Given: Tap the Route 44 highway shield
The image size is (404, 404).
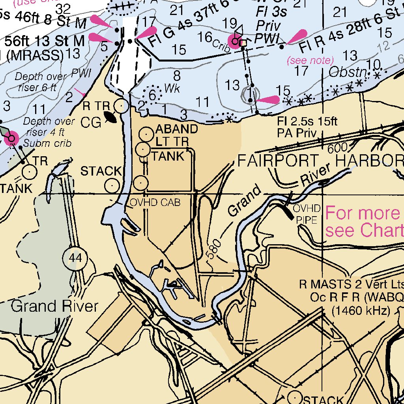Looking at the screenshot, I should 75,258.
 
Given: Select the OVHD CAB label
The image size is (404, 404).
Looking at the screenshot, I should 155,203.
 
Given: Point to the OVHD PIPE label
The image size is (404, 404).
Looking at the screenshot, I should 306,214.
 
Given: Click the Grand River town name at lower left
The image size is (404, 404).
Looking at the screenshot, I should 54,306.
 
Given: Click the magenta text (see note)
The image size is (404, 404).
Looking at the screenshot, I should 310,60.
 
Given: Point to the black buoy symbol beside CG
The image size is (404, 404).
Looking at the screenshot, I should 110,117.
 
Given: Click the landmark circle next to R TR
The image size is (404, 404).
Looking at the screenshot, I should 121,106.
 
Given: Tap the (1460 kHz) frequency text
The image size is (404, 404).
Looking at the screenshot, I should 361,310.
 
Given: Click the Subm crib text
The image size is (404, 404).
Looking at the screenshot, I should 47,143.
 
